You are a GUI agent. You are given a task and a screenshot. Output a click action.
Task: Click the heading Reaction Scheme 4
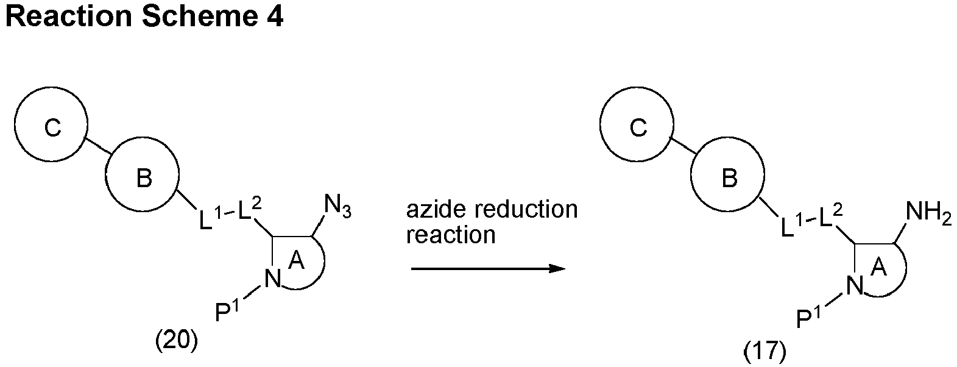tap(144, 16)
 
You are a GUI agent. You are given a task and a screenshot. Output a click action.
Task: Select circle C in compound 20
tap(51, 88)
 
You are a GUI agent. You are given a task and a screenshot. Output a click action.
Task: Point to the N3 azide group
tap(338, 207)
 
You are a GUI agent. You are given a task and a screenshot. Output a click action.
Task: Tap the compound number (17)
tap(765, 351)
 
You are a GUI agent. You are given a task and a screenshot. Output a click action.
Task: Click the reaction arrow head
tap(557, 269)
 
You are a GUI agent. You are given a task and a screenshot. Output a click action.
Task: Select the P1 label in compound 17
tap(810, 316)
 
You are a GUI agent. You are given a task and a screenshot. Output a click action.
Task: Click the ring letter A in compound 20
tap(297, 260)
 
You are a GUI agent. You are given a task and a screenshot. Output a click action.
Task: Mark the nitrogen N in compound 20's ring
tap(272, 279)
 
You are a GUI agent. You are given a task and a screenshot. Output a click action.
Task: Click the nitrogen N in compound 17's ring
tap(854, 286)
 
